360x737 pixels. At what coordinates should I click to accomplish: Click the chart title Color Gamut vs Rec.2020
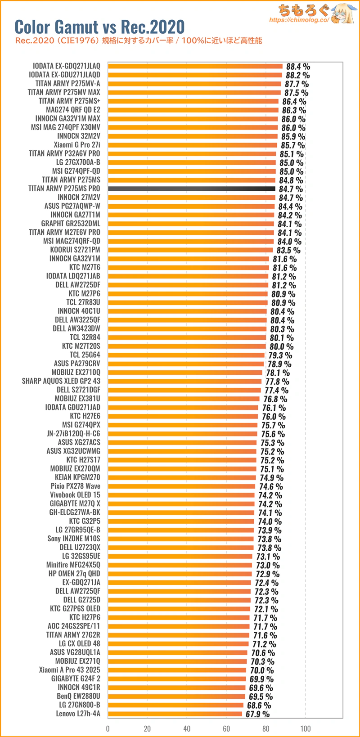(x=100, y=27)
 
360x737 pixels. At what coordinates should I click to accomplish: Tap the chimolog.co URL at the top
(x=299, y=20)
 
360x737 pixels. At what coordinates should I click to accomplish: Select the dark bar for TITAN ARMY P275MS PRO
(x=192, y=189)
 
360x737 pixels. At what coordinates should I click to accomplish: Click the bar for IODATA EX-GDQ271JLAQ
(x=195, y=66)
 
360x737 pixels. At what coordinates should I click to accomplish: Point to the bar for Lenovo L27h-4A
(x=175, y=714)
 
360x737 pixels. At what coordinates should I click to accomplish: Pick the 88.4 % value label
(x=298, y=67)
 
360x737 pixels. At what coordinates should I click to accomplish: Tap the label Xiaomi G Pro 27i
(x=77, y=145)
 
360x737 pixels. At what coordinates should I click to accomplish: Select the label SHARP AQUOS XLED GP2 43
(x=61, y=381)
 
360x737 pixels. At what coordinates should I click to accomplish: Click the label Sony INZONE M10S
(x=74, y=539)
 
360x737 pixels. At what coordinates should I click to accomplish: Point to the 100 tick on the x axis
(x=306, y=728)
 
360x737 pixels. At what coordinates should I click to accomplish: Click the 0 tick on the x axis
(x=108, y=728)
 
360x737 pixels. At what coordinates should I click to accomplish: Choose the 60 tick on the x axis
(x=226, y=728)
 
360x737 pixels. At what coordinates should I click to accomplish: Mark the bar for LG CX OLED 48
(x=178, y=644)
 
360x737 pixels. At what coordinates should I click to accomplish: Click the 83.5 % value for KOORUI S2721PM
(x=288, y=250)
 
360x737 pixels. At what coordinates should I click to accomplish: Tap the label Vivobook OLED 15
(x=75, y=495)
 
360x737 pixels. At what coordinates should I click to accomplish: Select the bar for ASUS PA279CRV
(x=186, y=364)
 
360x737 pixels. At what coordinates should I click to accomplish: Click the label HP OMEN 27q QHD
(x=74, y=574)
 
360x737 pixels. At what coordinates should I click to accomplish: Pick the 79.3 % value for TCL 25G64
(x=280, y=355)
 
